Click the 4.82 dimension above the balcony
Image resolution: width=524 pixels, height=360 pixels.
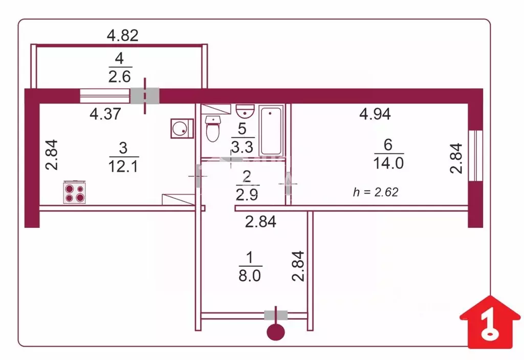(122, 35)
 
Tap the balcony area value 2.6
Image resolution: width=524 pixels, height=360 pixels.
(120, 77)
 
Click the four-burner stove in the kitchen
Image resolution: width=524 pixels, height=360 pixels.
(74, 193)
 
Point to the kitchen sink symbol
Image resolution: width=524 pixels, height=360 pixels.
(181, 128)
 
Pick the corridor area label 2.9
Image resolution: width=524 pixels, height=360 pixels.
(247, 195)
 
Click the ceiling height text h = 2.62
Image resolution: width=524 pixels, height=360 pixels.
(376, 192)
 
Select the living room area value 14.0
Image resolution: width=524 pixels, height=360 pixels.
(389, 163)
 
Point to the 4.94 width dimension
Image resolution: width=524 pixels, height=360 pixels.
(375, 114)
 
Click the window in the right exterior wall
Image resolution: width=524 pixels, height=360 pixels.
(475, 155)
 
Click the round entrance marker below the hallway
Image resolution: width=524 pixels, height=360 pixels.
(276, 332)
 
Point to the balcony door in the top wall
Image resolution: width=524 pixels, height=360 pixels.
(145, 96)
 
